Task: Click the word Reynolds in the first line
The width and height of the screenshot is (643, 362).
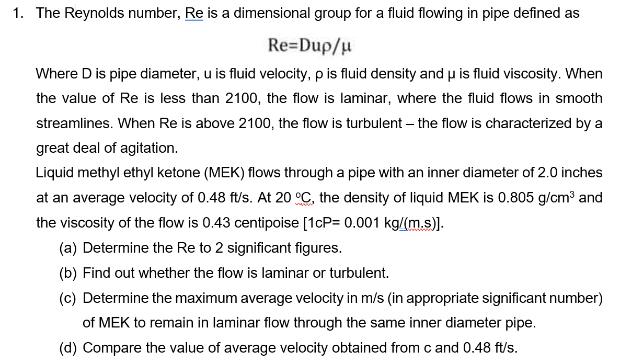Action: coord(92,14)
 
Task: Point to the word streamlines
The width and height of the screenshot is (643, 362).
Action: coord(74,123)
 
